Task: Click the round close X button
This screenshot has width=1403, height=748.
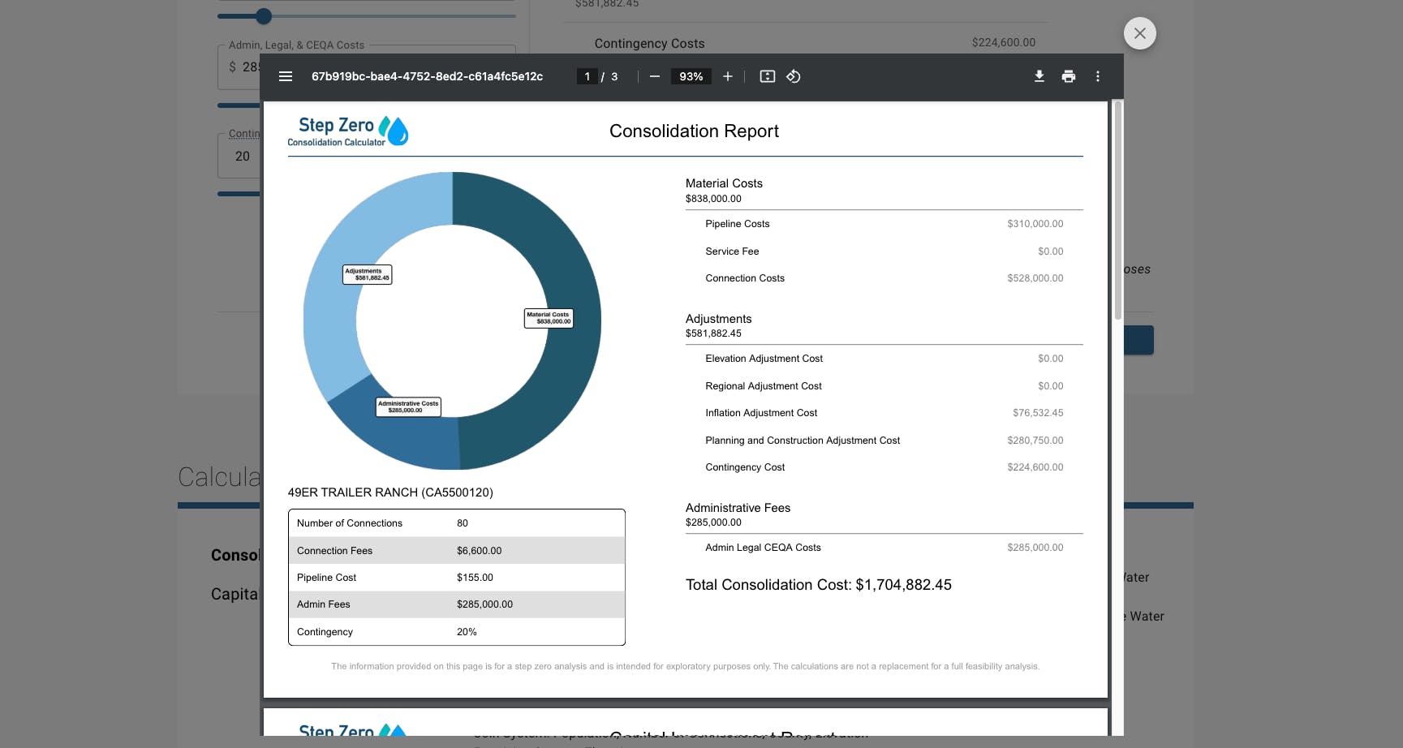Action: (1139, 33)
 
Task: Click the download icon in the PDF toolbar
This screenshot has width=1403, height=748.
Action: (1039, 76)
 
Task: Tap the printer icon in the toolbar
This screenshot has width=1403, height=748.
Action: (1069, 76)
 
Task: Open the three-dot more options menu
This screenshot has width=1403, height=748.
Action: (1098, 76)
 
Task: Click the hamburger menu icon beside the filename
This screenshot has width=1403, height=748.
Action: (286, 76)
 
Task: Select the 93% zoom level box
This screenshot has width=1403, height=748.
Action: (691, 76)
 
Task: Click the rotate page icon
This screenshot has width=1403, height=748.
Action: (794, 76)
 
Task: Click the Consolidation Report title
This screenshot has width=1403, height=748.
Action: (694, 131)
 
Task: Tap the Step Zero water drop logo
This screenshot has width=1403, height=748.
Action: (394, 131)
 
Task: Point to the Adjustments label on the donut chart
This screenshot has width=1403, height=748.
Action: (367, 274)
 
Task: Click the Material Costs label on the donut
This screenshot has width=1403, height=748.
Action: (549, 318)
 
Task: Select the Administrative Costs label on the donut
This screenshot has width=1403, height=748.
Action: (408, 406)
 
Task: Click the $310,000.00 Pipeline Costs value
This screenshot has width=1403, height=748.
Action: (1035, 224)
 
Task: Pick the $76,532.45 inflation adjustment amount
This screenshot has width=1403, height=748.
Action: (1037, 413)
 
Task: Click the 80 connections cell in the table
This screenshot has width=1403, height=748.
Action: (463, 523)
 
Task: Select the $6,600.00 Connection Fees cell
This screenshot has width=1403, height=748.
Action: (479, 551)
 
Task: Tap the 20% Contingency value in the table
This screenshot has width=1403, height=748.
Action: (467, 632)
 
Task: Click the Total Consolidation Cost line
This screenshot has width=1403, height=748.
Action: (818, 585)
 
